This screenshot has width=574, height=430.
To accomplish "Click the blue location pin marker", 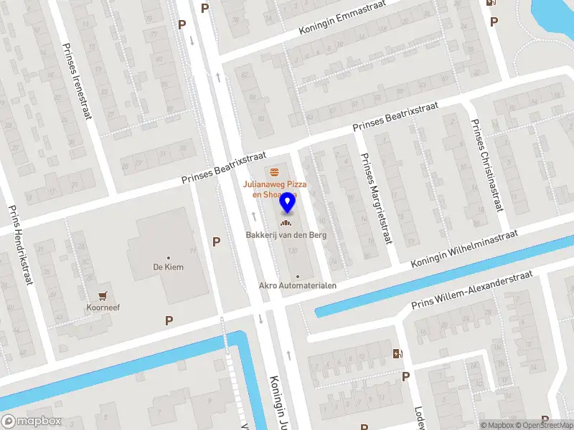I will coord(288,203).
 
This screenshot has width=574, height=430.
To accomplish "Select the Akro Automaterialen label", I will coord(298,285).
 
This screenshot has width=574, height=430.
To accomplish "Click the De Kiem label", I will coord(169,267).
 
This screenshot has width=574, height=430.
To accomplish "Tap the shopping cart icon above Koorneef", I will coord(104,294).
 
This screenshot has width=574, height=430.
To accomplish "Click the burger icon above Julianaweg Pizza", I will coord(275,172).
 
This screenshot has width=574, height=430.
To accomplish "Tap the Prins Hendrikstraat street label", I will coord(22,244).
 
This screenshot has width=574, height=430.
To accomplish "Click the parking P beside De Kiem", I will coord(216,242).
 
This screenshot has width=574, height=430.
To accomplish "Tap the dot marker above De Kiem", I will coord(169,258).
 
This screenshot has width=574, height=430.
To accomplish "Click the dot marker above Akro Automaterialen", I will coord(298,276).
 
